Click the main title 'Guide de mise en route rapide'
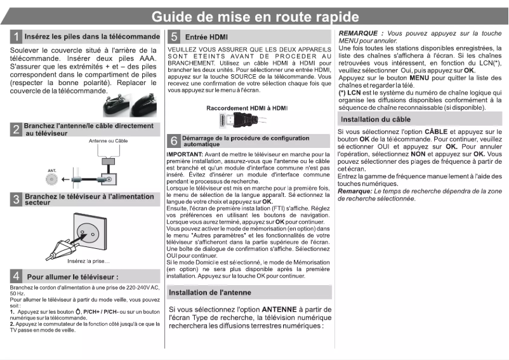pyautogui.click(x=254, y=17)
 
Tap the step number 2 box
pyautogui.click(x=17, y=130)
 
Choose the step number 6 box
pyautogui.click(x=173, y=141)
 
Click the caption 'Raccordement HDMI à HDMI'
pyautogui.click(x=246, y=108)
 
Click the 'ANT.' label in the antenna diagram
pyautogui.click(x=51, y=171)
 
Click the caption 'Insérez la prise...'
pyautogui.click(x=88, y=261)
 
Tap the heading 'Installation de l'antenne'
pyautogui.click(x=210, y=292)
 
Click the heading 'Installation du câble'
pyautogui.click(x=376, y=119)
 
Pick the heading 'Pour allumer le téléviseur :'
pyautogui.click(x=72, y=277)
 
